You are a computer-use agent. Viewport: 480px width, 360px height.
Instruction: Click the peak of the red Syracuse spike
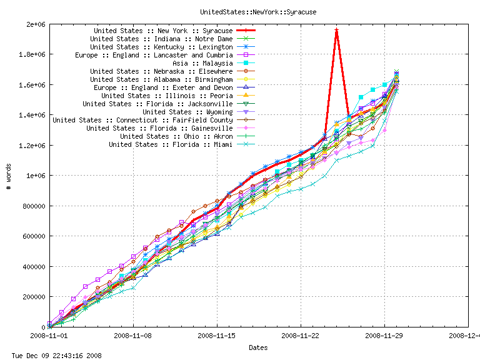pos(336,29)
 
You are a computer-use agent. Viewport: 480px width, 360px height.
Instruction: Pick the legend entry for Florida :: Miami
pos(171,144)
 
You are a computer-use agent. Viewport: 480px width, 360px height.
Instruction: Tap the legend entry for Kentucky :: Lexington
pos(161,47)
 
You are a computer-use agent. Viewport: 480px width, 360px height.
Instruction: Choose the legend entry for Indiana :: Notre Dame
pos(161,39)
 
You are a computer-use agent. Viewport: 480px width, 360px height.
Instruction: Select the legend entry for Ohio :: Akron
pos(176,136)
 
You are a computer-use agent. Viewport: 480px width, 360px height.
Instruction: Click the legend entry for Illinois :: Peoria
pos(167,96)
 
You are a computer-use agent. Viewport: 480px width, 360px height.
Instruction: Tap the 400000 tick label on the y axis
pos(31,267)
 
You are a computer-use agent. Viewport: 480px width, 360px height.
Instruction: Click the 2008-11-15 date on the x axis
pos(217,335)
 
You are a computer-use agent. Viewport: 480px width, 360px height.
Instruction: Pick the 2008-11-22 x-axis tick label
pos(301,335)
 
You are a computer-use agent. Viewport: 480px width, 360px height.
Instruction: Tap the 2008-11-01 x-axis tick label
pos(49,335)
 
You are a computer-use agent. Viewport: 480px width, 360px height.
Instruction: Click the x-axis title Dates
pos(258,347)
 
